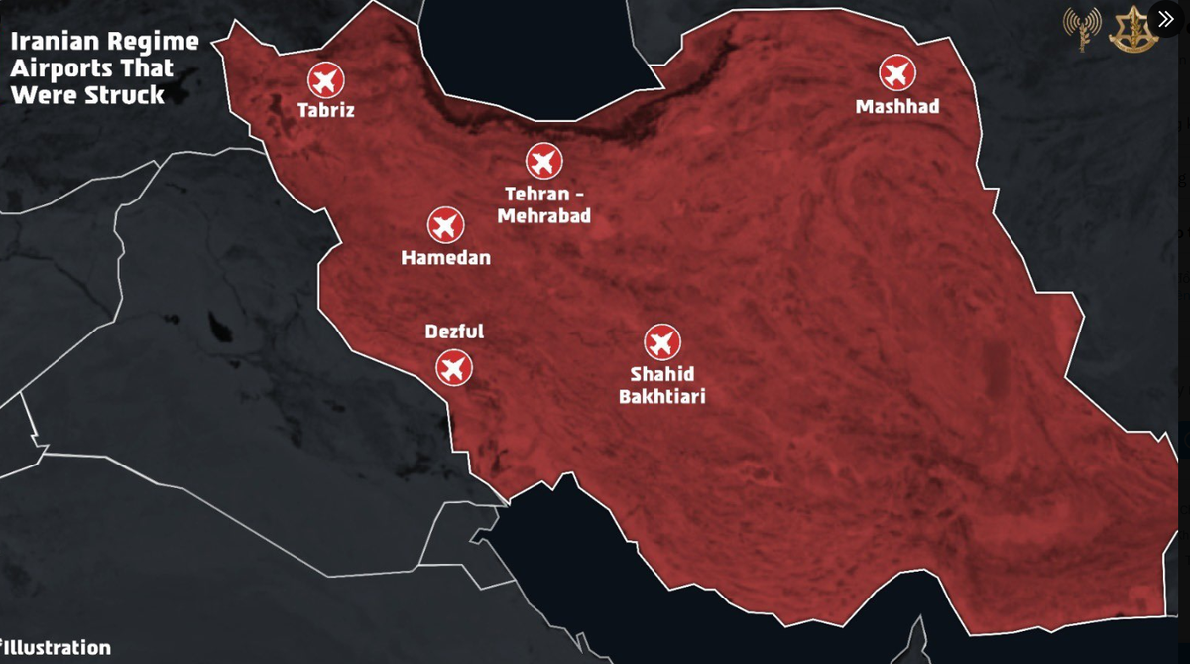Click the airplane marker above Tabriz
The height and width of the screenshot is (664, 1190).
point(325,77)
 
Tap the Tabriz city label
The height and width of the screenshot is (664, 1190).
point(325,110)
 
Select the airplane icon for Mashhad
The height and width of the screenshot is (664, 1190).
point(897,72)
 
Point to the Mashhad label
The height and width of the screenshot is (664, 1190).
point(897,106)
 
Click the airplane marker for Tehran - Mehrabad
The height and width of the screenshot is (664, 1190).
point(543,160)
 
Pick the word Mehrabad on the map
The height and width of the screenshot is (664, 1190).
point(544,215)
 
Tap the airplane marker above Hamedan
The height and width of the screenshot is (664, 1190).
point(445,225)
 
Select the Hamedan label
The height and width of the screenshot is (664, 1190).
point(445,258)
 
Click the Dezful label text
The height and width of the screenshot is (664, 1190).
point(454,332)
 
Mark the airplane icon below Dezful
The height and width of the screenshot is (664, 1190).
point(454,368)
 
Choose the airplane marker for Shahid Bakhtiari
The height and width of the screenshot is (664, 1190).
point(661,342)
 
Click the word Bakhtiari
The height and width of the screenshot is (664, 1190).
point(661,396)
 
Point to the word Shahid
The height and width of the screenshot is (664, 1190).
point(661,375)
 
